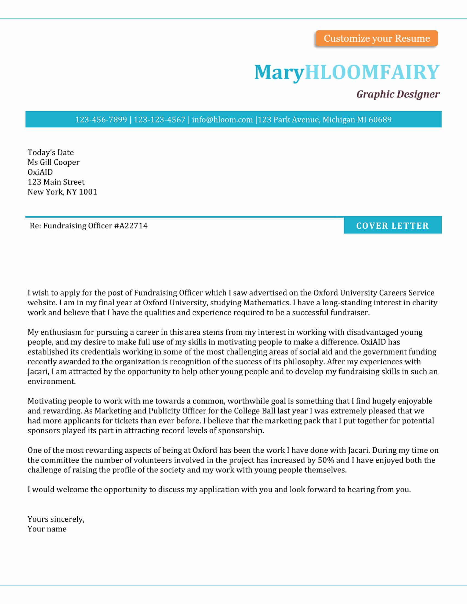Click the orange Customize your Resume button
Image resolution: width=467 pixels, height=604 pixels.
coord(377,38)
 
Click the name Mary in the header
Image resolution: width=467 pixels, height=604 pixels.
coord(279,72)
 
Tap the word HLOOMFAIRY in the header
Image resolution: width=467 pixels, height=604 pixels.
coord(372,72)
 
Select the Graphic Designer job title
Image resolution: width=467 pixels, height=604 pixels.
coord(397,94)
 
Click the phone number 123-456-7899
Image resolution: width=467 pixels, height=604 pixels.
coord(101,119)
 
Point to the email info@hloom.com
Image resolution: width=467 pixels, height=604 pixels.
coord(222,119)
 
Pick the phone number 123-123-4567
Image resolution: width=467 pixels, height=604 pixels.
coord(159,119)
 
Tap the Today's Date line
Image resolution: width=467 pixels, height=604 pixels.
coord(51,152)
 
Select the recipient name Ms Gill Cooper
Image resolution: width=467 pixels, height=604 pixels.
coord(53,162)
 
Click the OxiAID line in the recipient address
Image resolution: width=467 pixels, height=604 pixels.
coord(40,172)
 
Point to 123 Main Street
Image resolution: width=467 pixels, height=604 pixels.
coord(56,182)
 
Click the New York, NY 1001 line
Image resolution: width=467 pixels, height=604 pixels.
coord(62,192)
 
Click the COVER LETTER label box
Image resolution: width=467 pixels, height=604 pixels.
coord(392,226)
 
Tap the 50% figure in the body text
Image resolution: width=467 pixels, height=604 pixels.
coord(326,460)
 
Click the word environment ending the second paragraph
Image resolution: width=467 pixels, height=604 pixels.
coord(51,381)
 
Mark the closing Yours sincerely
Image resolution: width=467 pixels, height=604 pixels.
coord(56,519)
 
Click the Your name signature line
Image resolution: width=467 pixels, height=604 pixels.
coord(47,529)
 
